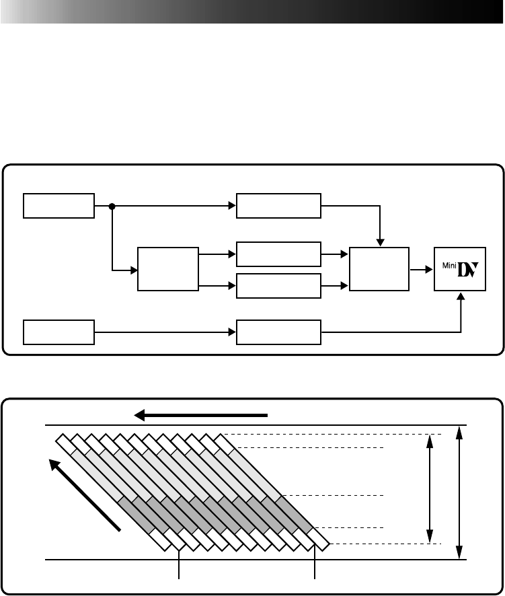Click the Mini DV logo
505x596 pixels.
click(x=460, y=269)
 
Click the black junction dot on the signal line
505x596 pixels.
click(x=112, y=206)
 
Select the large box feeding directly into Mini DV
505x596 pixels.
click(x=379, y=269)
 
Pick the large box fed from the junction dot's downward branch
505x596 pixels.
click(x=167, y=269)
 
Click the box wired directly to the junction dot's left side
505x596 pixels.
click(x=59, y=206)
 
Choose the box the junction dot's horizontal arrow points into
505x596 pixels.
click(x=278, y=206)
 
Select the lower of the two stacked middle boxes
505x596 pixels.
click(x=278, y=286)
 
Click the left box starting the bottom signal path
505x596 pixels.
click(x=59, y=332)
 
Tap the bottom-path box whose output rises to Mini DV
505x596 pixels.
click(x=278, y=332)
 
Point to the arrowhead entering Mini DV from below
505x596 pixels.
click(x=461, y=295)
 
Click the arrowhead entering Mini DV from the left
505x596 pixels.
click(x=429, y=269)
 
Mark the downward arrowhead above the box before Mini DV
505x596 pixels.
click(x=381, y=243)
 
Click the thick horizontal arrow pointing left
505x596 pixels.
click(x=202, y=415)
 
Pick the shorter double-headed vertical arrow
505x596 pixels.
click(x=429, y=488)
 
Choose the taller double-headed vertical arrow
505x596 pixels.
click(x=459, y=492)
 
